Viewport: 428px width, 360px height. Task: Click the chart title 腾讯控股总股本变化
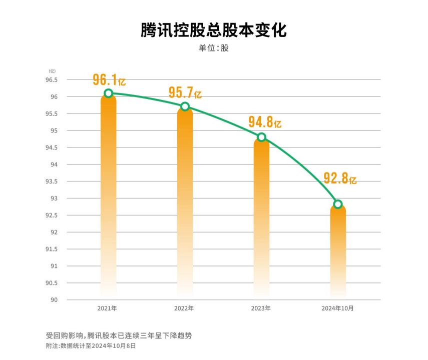(x=214, y=30)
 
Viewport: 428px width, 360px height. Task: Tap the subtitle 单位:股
(x=214, y=48)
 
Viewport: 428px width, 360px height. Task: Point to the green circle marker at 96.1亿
(x=109, y=93)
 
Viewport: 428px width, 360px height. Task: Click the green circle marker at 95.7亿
(x=185, y=106)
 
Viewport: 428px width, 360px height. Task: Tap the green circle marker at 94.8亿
(x=261, y=137)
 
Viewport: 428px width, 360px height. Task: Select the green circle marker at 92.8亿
(x=338, y=204)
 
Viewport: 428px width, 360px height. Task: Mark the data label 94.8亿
(x=265, y=122)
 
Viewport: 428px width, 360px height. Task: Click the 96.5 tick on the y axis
(x=52, y=80)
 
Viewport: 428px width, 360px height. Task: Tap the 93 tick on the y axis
(x=54, y=198)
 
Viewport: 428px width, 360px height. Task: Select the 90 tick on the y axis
(x=54, y=300)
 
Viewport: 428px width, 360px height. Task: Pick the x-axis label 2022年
(x=184, y=308)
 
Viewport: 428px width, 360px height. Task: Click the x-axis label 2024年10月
(x=337, y=308)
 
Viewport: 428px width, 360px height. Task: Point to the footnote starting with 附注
(x=91, y=345)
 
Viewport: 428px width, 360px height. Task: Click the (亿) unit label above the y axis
(x=52, y=71)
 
